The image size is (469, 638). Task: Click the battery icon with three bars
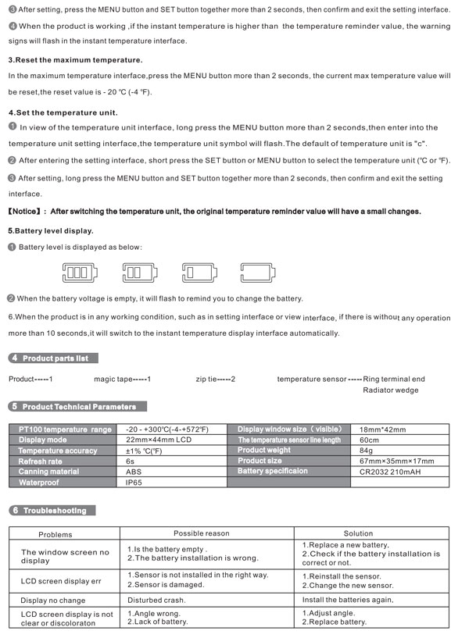point(81,273)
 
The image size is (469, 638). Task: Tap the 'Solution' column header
point(358,533)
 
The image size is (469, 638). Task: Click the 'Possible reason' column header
point(202,533)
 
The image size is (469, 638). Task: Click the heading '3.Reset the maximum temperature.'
point(75,60)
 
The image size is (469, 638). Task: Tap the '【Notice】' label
point(26,211)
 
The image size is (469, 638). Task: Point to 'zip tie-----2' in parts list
point(216,379)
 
